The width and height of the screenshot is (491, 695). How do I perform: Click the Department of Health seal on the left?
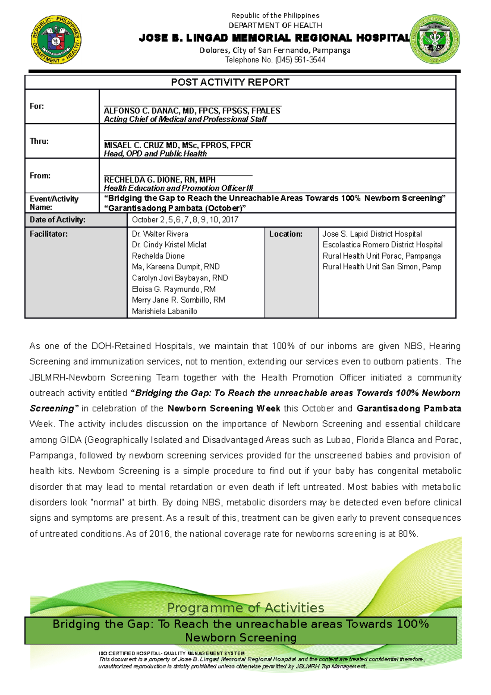pyautogui.click(x=56, y=40)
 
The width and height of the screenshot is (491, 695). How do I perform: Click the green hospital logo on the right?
pyautogui.click(x=435, y=40)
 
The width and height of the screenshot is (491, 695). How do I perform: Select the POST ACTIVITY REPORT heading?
pyautogui.click(x=230, y=82)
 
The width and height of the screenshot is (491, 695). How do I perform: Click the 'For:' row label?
pyautogui.click(x=37, y=106)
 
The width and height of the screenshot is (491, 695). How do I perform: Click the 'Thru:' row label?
pyautogui.click(x=39, y=141)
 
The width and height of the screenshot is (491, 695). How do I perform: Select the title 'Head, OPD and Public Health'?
pyautogui.click(x=155, y=154)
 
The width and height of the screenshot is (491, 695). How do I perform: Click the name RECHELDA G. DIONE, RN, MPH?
pyautogui.click(x=160, y=180)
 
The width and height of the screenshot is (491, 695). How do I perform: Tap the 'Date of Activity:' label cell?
pyautogui.click(x=57, y=220)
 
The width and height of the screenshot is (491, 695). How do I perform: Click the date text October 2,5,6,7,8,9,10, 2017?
pyautogui.click(x=185, y=220)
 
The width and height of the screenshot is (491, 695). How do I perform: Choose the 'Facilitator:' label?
pyautogui.click(x=49, y=234)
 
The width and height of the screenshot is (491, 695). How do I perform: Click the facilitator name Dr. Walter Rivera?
pyautogui.click(x=160, y=234)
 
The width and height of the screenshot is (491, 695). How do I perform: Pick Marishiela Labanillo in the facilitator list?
pyautogui.click(x=164, y=311)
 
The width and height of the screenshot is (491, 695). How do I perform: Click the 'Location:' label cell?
pyautogui.click(x=286, y=234)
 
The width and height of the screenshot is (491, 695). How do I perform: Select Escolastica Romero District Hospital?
pyautogui.click(x=383, y=245)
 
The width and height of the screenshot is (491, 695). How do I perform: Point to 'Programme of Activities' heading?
pyautogui.click(x=245, y=607)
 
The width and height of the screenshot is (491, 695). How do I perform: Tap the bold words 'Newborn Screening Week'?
pyautogui.click(x=224, y=408)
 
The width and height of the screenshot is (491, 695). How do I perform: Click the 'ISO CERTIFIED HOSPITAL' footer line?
pyautogui.click(x=171, y=653)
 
